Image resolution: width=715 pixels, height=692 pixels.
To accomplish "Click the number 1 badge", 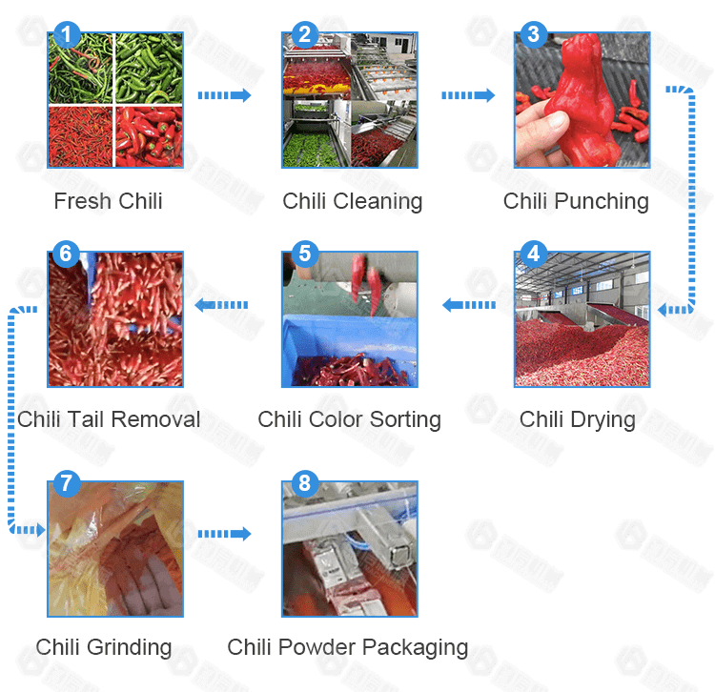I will (66, 36).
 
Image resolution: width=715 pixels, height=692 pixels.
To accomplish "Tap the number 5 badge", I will (304, 254).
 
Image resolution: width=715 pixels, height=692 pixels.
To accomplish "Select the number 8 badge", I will (304, 483).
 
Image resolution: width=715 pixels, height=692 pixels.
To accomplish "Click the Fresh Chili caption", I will (108, 201).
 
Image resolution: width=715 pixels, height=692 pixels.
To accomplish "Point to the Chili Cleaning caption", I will (352, 201).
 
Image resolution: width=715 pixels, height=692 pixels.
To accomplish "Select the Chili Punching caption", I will (576, 201).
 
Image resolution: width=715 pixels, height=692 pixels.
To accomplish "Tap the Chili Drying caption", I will (577, 419).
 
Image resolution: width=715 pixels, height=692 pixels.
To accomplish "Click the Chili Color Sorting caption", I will (349, 419).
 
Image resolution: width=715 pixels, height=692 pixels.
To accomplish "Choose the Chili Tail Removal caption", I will (109, 419).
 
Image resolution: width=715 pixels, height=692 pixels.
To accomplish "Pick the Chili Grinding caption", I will (104, 647).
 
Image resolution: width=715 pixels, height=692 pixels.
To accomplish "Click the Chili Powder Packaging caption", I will (347, 647).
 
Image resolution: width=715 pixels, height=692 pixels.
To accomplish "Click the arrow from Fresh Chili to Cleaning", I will (224, 95).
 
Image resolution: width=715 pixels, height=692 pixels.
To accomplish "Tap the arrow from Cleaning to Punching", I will (468, 95).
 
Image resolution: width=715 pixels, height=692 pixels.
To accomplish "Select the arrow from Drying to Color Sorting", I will (468, 305).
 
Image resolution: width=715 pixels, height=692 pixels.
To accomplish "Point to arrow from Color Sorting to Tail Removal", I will (222, 305).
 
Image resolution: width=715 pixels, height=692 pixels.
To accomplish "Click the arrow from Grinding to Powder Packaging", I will (224, 534).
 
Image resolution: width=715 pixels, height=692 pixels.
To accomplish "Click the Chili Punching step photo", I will (582, 100).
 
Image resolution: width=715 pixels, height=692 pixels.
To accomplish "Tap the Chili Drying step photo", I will (582, 319).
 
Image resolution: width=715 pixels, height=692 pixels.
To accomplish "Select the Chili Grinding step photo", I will (115, 549).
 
